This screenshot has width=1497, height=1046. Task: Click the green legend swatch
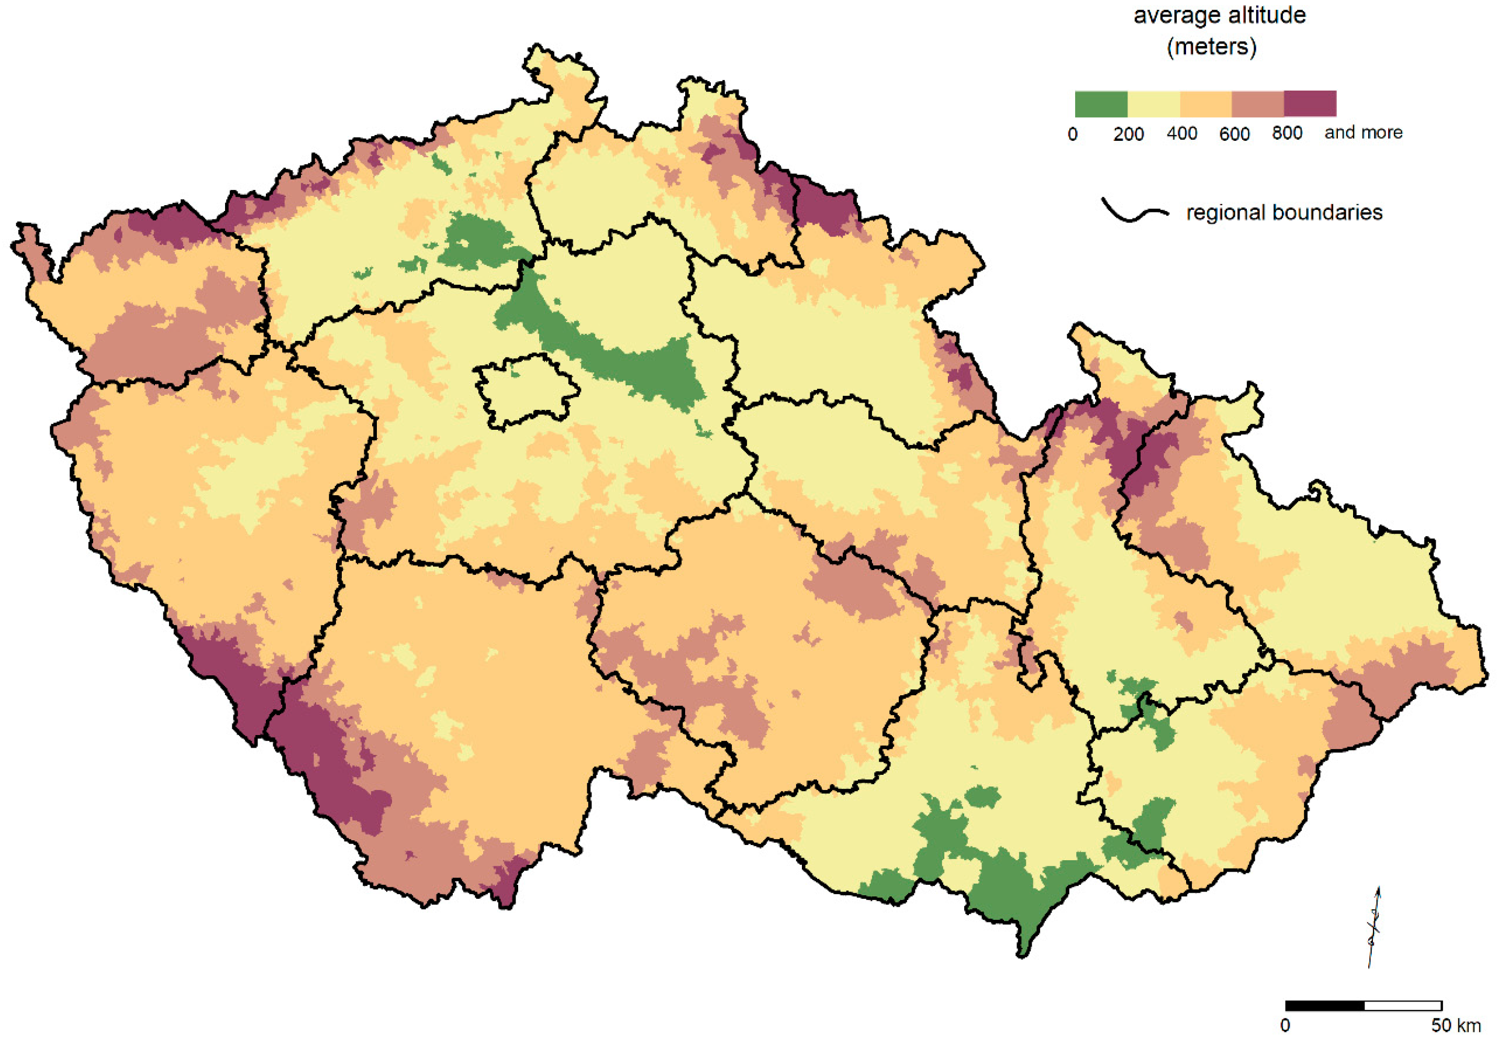(x=1101, y=104)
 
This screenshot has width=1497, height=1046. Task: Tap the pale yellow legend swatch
(x=1154, y=104)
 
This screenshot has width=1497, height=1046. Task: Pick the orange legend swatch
(x=1205, y=104)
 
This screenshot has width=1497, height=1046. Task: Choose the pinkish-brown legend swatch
(x=1258, y=104)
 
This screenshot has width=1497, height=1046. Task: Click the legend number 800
(x=1287, y=133)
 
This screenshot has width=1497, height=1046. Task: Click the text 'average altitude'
(x=1219, y=16)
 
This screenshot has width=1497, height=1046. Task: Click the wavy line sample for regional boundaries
(x=1134, y=212)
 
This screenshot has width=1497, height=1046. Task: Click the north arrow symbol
(x=1374, y=927)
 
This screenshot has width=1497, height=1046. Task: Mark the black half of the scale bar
(x=1324, y=1005)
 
